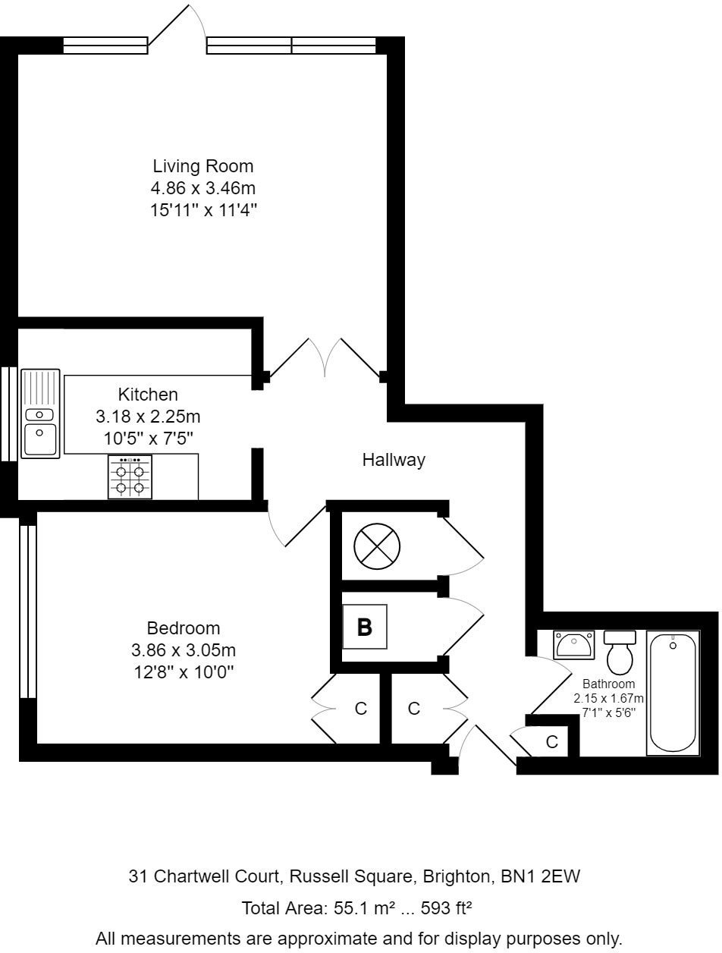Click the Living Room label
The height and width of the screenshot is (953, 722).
[202, 165]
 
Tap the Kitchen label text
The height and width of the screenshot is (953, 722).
[148, 394]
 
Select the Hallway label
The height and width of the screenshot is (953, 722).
[393, 459]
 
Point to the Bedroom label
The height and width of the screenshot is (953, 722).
[184, 628]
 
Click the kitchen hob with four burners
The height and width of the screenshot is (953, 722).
[130, 478]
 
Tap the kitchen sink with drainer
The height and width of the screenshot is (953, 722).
[40, 414]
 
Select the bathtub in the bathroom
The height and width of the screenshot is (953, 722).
[672, 692]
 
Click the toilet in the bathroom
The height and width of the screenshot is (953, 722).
[620, 653]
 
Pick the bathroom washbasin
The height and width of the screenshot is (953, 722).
[573, 645]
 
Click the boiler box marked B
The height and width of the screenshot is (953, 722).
[365, 627]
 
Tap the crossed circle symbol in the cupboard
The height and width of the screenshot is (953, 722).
[377, 546]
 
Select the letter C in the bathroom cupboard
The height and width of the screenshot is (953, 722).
[552, 741]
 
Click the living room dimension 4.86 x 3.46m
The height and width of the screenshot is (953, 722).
[202, 188]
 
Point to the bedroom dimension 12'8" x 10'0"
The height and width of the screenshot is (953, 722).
[184, 672]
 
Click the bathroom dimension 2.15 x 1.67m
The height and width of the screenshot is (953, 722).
[608, 699]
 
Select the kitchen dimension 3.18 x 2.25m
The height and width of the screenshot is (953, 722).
[148, 416]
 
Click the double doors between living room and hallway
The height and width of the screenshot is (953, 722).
[325, 358]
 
